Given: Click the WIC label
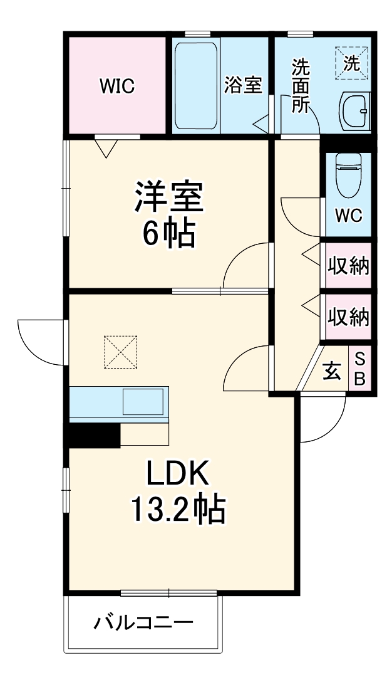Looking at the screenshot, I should pos(117,86).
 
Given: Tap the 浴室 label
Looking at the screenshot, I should pos(243,85).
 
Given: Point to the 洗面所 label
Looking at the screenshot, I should pos(301,85).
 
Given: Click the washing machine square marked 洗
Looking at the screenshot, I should pos(353,63).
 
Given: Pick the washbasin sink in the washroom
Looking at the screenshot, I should pos(355,110).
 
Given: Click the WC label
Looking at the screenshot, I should pos(348,216).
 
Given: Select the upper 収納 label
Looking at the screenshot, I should pos(349,266).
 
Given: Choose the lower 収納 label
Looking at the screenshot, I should pos(349,317).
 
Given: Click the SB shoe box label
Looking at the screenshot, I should pos(361,369).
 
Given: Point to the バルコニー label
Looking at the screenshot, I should pos(143,623).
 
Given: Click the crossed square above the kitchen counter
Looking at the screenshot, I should pos(120,351).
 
